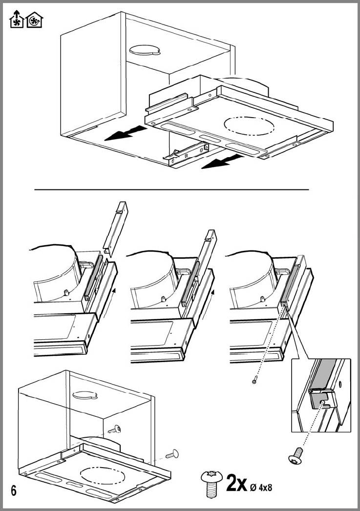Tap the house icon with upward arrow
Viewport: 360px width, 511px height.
16,20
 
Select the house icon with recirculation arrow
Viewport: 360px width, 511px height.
34,20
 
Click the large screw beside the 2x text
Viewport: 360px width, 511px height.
212,483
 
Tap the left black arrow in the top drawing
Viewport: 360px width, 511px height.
124,133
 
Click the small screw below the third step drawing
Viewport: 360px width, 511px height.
254,381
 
